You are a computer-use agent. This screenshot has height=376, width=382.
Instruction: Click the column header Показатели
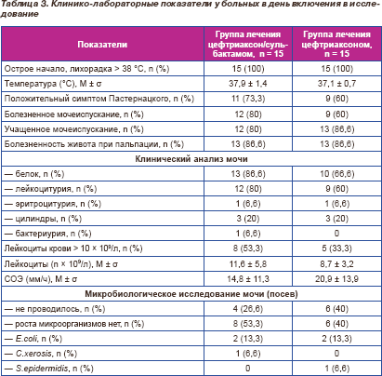(x=102, y=45)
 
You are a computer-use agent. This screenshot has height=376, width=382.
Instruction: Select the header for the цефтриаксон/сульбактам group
(x=248, y=44)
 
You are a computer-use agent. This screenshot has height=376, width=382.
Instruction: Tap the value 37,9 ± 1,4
(x=248, y=84)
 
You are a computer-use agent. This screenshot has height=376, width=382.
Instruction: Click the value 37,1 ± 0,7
(x=336, y=84)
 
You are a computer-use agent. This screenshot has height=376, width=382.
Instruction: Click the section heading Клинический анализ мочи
(x=191, y=159)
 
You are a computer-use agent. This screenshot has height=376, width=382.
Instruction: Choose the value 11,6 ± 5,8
(x=248, y=264)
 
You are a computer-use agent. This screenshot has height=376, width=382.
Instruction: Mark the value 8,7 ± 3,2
(x=336, y=264)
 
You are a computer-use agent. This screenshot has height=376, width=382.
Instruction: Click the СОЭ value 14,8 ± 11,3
(x=248, y=279)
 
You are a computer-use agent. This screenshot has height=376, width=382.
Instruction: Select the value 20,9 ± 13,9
(x=336, y=279)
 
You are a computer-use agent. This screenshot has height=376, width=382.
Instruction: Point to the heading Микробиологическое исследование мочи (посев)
(x=191, y=294)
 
